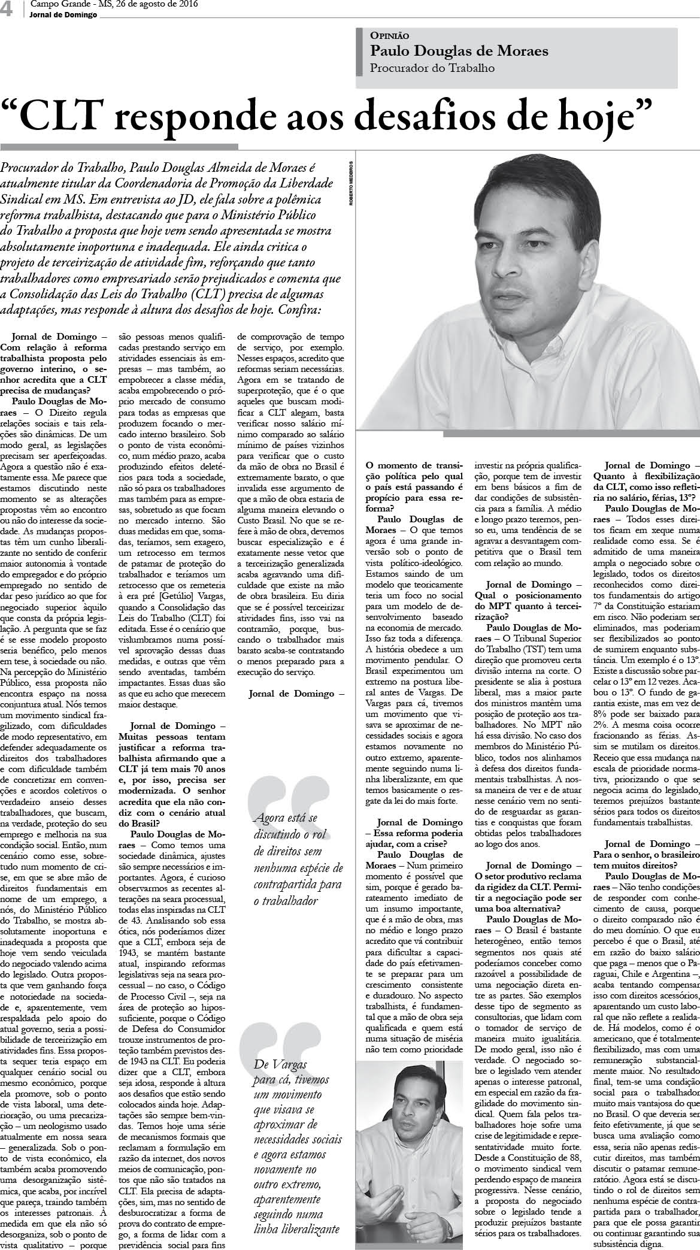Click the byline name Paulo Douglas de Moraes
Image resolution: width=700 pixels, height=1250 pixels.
(459, 52)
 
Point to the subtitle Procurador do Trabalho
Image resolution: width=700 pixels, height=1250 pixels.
(432, 68)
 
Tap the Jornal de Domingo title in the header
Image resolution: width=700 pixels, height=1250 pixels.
(63, 15)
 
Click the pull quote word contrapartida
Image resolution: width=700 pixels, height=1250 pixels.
(289, 884)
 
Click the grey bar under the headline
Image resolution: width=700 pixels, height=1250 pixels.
(119, 146)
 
